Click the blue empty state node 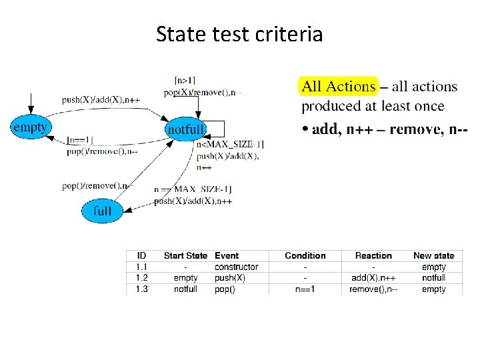(31, 127)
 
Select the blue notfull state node (185, 129)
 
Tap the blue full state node (102, 211)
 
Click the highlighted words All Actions (339, 86)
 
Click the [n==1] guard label (80, 141)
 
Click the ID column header (141, 255)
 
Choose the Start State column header (185, 255)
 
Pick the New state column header (433, 255)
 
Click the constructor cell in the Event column (236, 267)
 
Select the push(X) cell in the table (229, 277)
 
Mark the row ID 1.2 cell (141, 277)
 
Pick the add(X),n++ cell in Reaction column (373, 277)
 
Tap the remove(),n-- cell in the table (373, 289)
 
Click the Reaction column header (373, 255)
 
